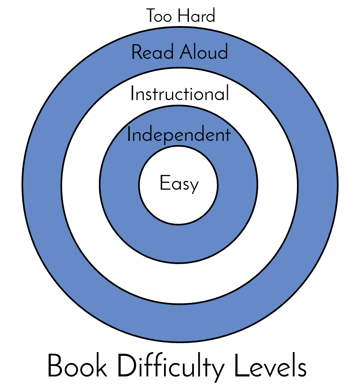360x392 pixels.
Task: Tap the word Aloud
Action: tap(204, 53)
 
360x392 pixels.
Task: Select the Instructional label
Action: tap(180, 93)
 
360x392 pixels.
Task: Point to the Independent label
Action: tap(179, 135)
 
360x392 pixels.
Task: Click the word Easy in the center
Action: tap(179, 184)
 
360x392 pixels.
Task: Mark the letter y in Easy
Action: tap(194, 186)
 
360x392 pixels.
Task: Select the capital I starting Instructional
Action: tap(132, 93)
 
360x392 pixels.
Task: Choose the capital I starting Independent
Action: tap(129, 135)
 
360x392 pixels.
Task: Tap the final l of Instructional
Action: tap(227, 93)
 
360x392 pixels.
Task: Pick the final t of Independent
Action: tap(228, 135)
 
